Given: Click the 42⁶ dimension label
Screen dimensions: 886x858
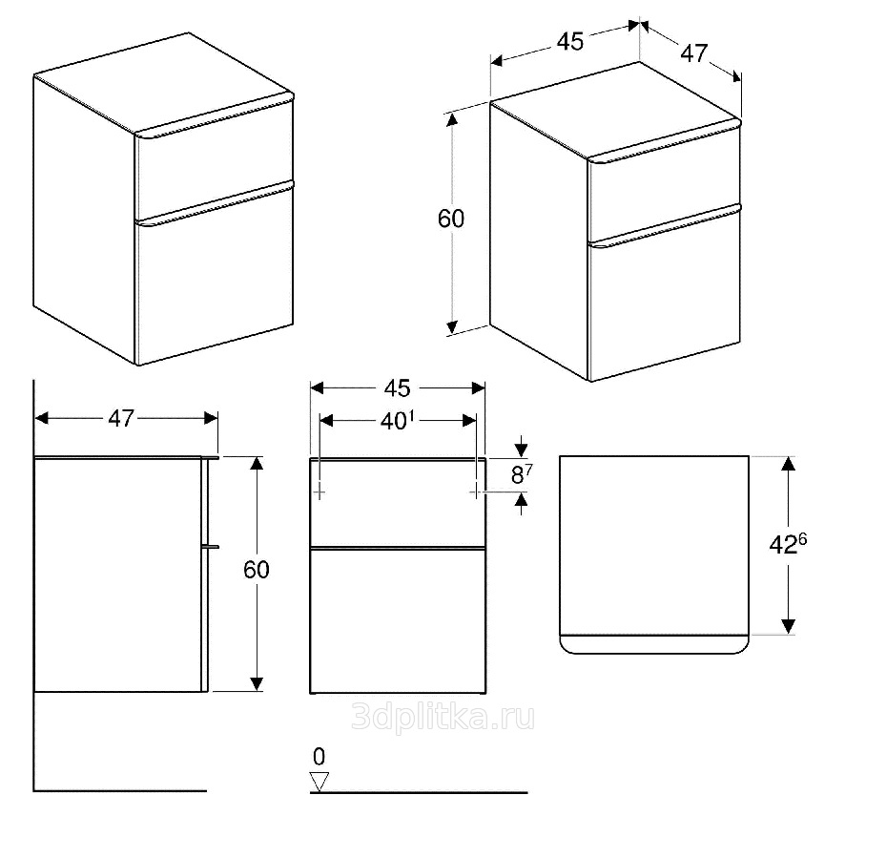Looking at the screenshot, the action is coord(788,544).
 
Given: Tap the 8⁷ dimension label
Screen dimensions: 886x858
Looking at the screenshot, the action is coord(522,474).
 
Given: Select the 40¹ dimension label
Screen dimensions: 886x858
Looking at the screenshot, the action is coord(398,421).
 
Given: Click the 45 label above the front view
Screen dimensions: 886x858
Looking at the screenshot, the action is coord(398,388).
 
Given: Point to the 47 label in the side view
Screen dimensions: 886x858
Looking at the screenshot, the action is coord(121,419).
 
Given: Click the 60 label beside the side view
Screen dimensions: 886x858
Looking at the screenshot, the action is coord(257,570).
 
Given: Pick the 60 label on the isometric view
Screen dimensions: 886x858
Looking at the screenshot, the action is coord(451,219).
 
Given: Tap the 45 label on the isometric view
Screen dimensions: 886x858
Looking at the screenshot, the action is coord(570,42).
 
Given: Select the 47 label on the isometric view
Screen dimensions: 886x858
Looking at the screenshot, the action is coord(694,53).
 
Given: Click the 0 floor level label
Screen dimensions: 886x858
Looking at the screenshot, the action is coord(319,757).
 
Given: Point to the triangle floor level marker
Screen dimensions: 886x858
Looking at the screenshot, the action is coord(319,782).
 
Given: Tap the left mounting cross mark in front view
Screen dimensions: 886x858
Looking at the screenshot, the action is coord(319,492).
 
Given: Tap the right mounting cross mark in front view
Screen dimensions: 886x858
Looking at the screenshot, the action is coord(476,492).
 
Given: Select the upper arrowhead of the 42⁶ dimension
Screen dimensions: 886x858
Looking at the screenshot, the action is coord(789,464).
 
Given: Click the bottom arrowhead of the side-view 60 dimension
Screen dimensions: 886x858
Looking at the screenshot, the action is coord(257,683).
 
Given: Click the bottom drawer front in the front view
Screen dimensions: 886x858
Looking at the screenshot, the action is coord(398,621).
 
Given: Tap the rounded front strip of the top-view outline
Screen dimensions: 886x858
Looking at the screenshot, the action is coord(654,644).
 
